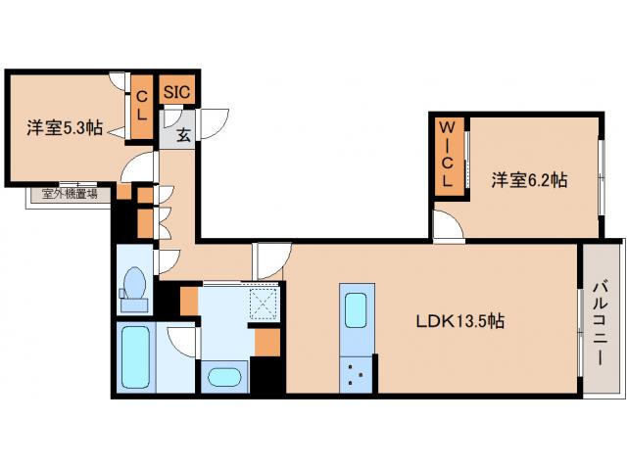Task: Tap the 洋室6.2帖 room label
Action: pos(529,180)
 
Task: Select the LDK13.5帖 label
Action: pos(460,320)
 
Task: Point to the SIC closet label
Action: pos(177,92)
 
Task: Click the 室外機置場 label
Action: pos(69,194)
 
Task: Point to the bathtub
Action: pos(136,356)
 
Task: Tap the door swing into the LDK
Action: pos(267,260)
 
